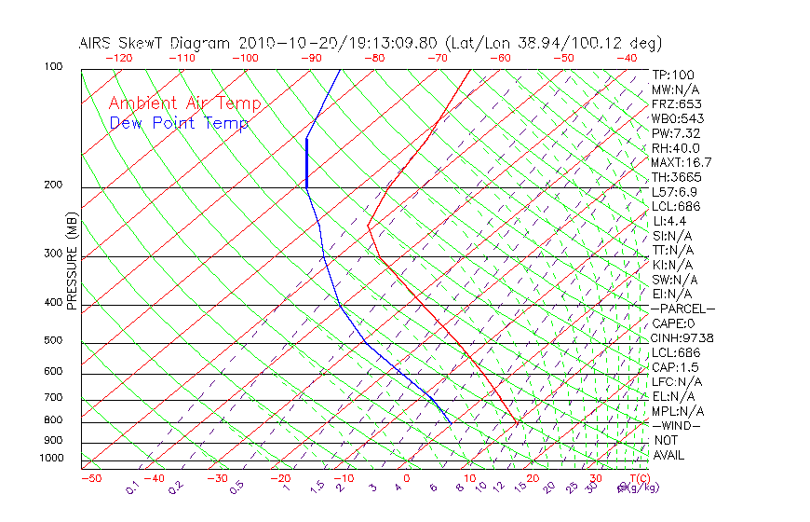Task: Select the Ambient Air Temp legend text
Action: click(184, 103)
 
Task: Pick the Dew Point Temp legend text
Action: click(179, 123)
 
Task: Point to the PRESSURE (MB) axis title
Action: click(72, 262)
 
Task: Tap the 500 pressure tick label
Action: click(53, 341)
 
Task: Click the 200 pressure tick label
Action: click(53, 185)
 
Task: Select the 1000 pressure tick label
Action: click(50, 458)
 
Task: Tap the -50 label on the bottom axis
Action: click(90, 479)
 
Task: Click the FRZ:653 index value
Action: click(677, 103)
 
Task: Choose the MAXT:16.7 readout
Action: click(681, 162)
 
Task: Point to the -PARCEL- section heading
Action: click(682, 309)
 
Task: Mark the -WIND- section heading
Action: click(676, 425)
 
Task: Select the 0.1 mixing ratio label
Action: click(132, 488)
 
